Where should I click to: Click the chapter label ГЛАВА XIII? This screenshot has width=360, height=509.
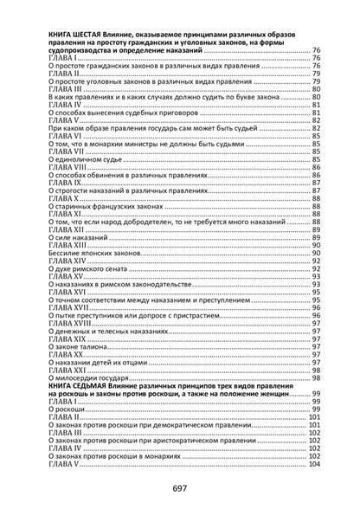click(x=71, y=244)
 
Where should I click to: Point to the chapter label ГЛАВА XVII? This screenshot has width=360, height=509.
click(x=71, y=307)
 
